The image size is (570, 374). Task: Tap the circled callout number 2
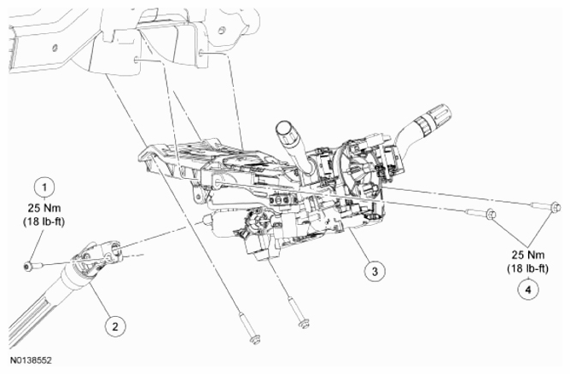[112, 324]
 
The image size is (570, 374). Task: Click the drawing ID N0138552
[27, 361]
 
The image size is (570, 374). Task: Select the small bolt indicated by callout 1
[31, 267]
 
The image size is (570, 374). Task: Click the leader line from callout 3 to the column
[354, 248]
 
